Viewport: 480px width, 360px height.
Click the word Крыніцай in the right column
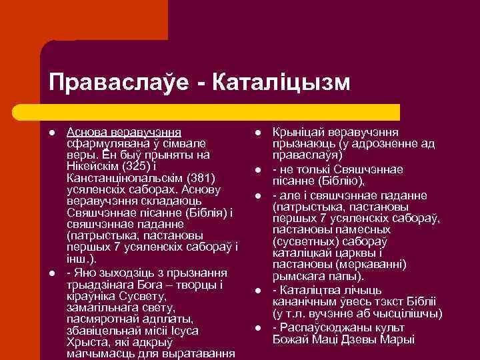click(297, 132)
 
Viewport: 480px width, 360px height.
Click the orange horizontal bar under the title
click(220, 111)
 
